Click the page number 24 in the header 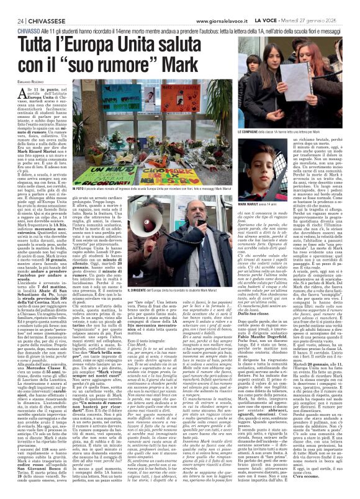12,6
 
